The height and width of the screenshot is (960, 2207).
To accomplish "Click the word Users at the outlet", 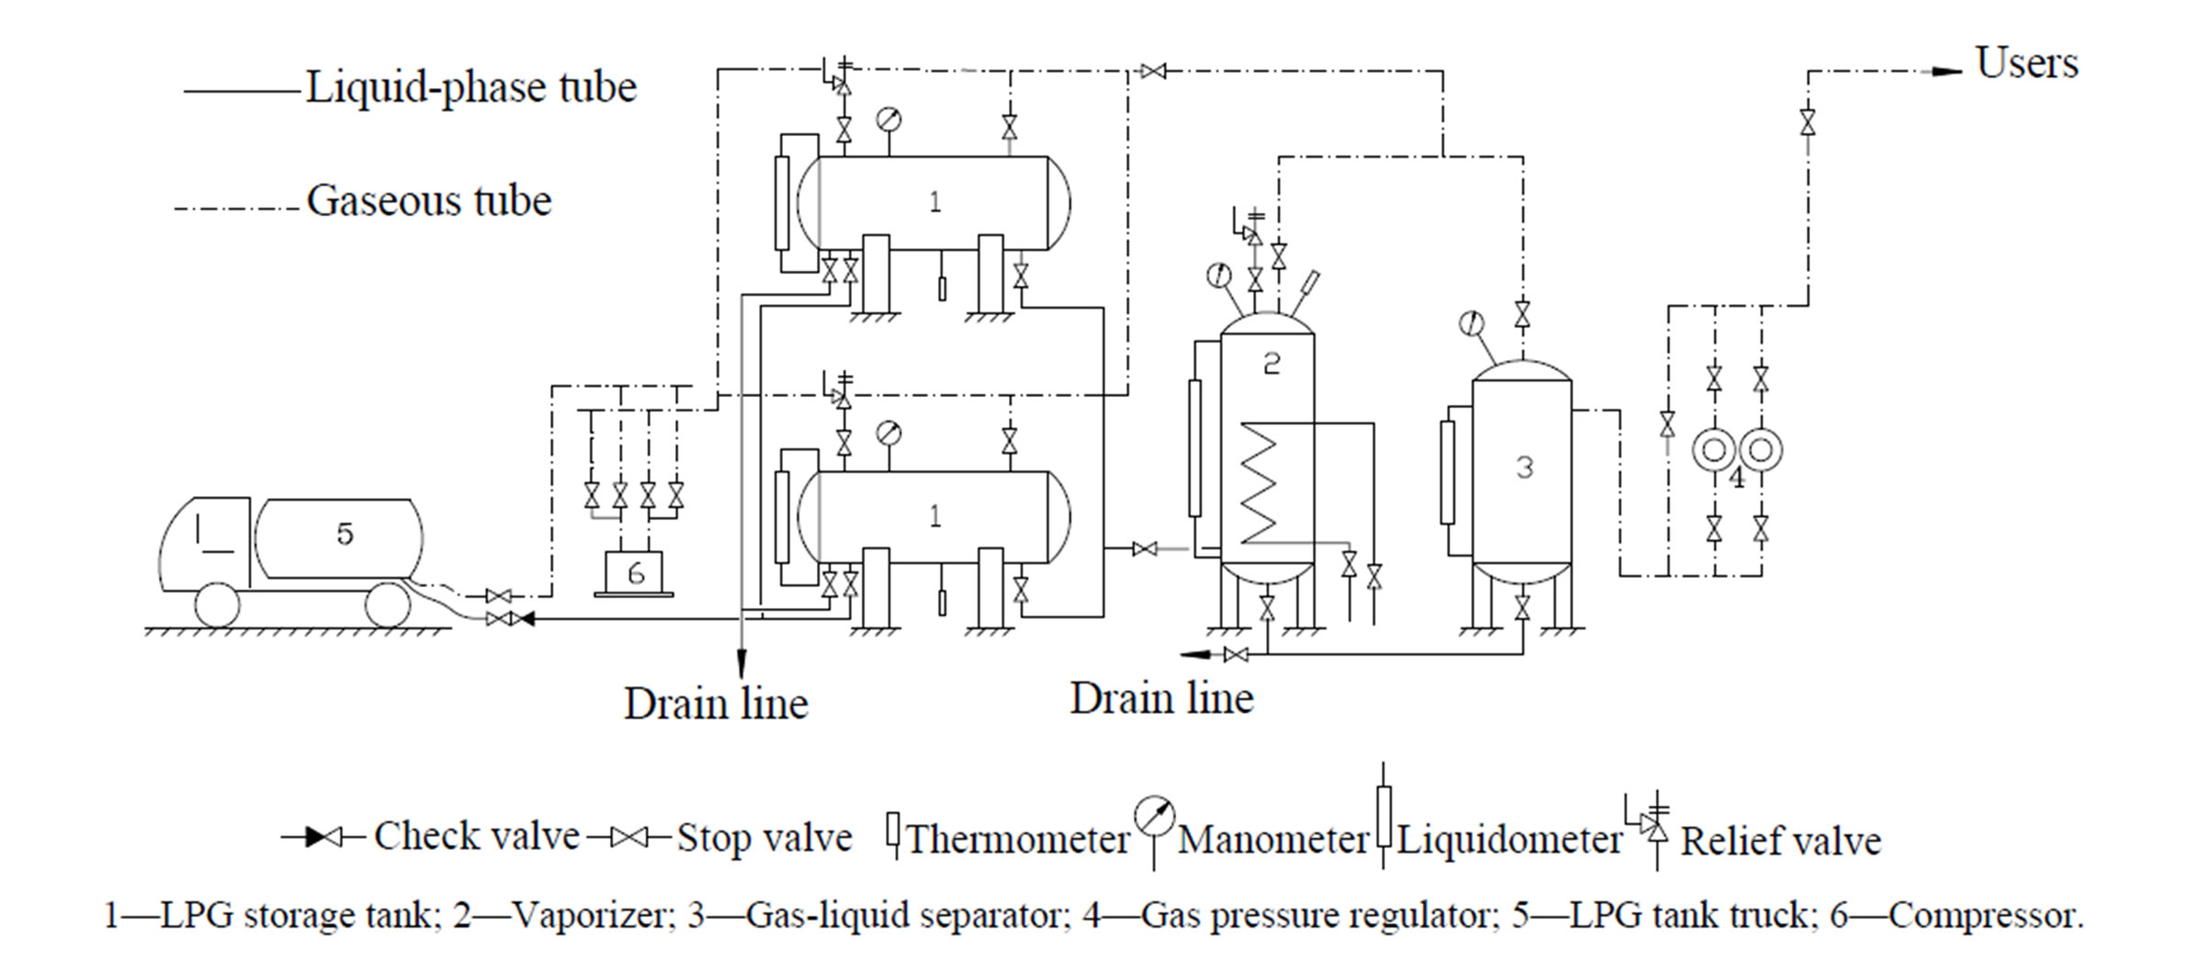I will pyautogui.click(x=2026, y=64).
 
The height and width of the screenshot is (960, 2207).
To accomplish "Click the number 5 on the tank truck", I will pyautogui.click(x=345, y=534).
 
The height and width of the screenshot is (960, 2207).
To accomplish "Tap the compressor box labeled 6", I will pyautogui.click(x=635, y=572).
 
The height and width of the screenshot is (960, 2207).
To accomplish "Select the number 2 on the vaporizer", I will pyautogui.click(x=1272, y=364).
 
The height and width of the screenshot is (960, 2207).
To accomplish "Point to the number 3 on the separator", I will pyautogui.click(x=1524, y=468).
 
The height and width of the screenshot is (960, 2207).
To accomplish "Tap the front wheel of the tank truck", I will pyautogui.click(x=218, y=605).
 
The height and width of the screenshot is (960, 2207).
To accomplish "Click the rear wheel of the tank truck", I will pyautogui.click(x=387, y=605).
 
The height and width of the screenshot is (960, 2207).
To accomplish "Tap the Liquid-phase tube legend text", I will pyautogui.click(x=470, y=88).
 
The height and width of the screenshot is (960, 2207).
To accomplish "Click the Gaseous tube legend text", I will pyautogui.click(x=429, y=201).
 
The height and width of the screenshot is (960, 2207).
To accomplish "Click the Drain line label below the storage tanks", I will pyautogui.click(x=716, y=704).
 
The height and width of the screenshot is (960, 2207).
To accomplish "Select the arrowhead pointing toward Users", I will pyautogui.click(x=1944, y=72).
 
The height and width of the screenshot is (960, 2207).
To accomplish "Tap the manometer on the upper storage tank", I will pyautogui.click(x=888, y=119).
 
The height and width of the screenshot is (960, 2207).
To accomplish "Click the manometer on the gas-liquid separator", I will pyautogui.click(x=1471, y=324).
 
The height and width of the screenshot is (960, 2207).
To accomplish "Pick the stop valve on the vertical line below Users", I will pyautogui.click(x=1807, y=121).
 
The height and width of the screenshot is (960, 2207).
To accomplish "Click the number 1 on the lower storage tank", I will pyautogui.click(x=934, y=516).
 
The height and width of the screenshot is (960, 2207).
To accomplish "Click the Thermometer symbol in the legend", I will pyautogui.click(x=892, y=832).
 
